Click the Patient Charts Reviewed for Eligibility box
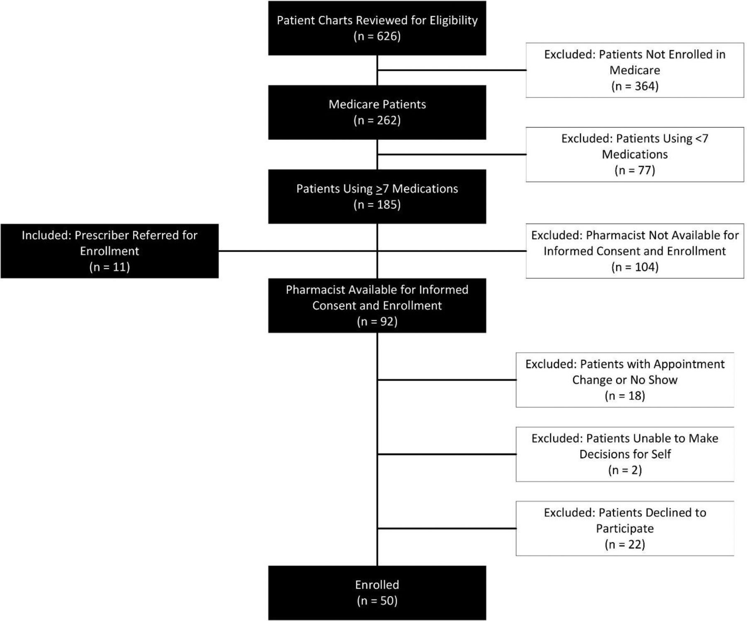[x=377, y=28]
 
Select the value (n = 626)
[x=377, y=36]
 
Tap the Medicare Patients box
[x=377, y=112]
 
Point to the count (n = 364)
[x=635, y=86]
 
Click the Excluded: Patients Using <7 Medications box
[x=635, y=154]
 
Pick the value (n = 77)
[x=635, y=170]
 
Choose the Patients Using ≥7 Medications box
[x=377, y=196]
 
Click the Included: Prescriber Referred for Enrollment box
[x=110, y=251]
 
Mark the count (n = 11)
[x=110, y=266]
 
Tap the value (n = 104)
[x=635, y=266]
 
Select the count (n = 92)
[x=377, y=321]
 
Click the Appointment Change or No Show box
[x=625, y=380]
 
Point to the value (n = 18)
[x=625, y=396]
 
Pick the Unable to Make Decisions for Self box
[x=625, y=454]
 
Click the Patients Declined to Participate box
[x=625, y=528]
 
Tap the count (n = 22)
[x=625, y=544]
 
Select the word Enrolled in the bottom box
[x=377, y=584]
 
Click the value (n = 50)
[x=377, y=601]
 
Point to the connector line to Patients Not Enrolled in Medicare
[x=452, y=70]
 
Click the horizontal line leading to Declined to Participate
[x=447, y=528]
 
